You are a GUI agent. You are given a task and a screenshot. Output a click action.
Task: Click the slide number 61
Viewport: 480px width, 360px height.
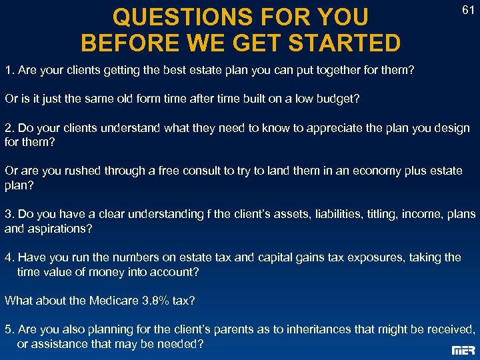pyautogui.click(x=468, y=10)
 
